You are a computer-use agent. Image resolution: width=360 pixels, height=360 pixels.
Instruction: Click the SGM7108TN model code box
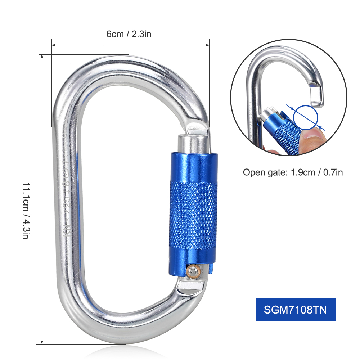[295, 310]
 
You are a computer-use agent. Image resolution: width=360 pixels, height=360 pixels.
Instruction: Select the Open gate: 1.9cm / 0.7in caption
[293, 172]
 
